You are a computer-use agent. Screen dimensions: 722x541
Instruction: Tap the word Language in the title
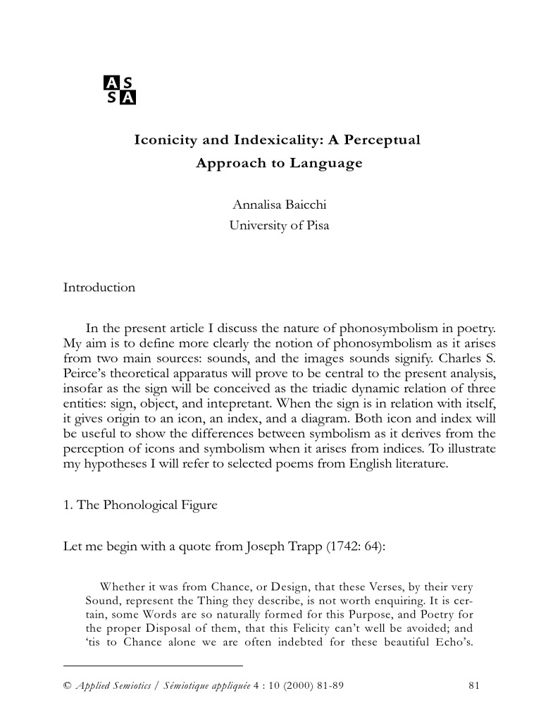[330, 163]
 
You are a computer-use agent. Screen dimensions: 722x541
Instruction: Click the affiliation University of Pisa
[279, 226]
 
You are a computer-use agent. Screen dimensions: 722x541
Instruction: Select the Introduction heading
[99, 288]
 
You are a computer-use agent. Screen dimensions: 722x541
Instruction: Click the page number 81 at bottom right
[473, 684]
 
